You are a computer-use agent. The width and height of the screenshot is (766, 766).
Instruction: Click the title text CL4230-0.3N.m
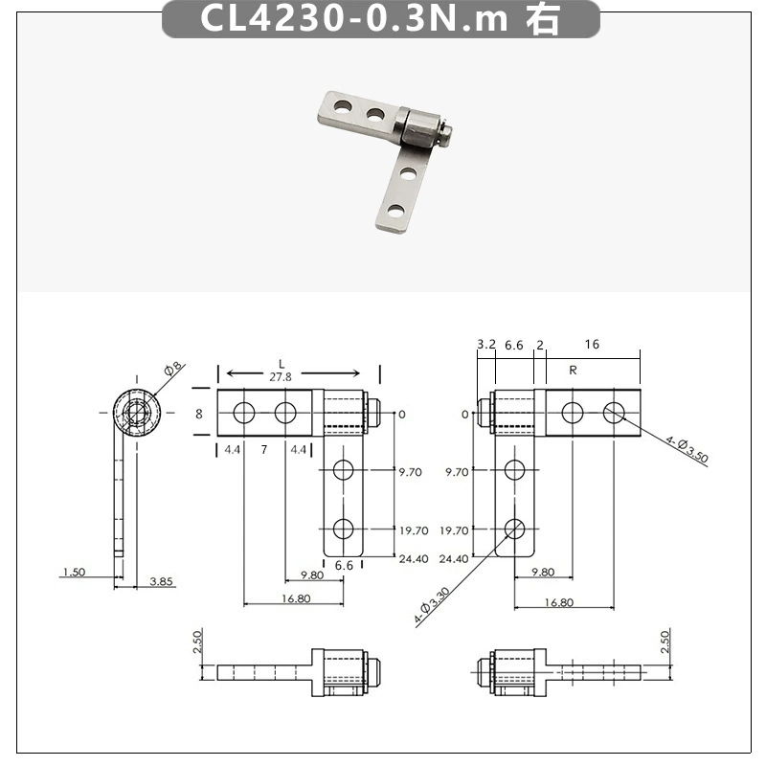[354, 18]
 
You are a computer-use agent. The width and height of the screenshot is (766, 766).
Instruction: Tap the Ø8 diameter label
[173, 369]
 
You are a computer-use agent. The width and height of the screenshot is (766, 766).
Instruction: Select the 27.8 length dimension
[281, 376]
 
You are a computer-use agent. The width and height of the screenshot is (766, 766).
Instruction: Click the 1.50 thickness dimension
[75, 572]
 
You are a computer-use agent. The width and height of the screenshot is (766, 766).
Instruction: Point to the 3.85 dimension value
[161, 581]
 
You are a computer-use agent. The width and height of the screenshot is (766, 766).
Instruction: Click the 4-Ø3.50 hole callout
[687, 449]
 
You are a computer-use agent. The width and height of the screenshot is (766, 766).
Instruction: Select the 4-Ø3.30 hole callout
[432, 606]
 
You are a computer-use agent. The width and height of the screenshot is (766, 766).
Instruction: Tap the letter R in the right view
[573, 371]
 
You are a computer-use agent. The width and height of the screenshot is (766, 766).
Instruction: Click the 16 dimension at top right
[592, 345]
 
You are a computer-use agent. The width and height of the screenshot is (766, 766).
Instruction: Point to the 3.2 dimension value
[486, 345]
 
